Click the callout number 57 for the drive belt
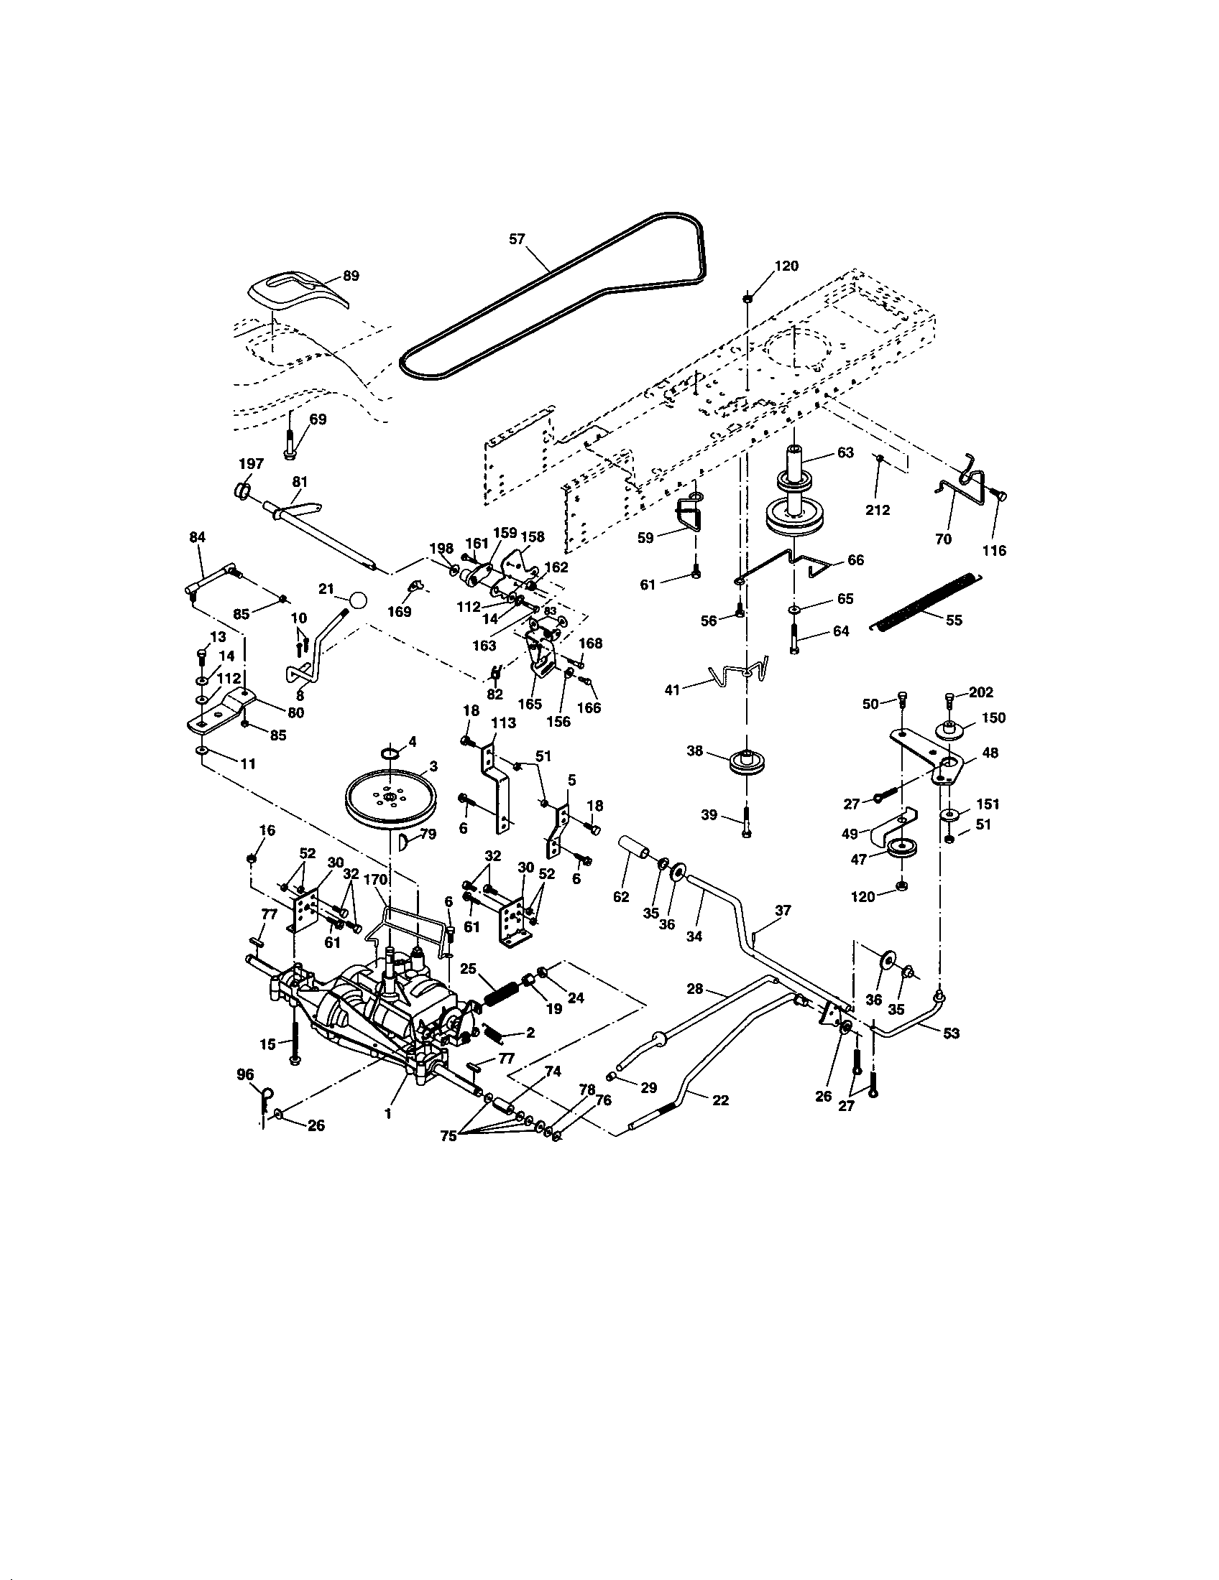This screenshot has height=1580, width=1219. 516,238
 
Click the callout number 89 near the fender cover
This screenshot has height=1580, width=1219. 350,276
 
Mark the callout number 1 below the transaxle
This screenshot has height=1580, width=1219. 388,1114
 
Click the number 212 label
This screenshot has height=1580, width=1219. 878,510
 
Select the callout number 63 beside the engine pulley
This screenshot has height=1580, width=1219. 845,452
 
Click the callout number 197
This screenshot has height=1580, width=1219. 251,464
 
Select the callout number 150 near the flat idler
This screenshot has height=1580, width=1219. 994,717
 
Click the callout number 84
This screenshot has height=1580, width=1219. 197,536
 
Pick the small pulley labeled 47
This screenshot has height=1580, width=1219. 902,850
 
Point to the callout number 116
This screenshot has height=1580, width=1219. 994,551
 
